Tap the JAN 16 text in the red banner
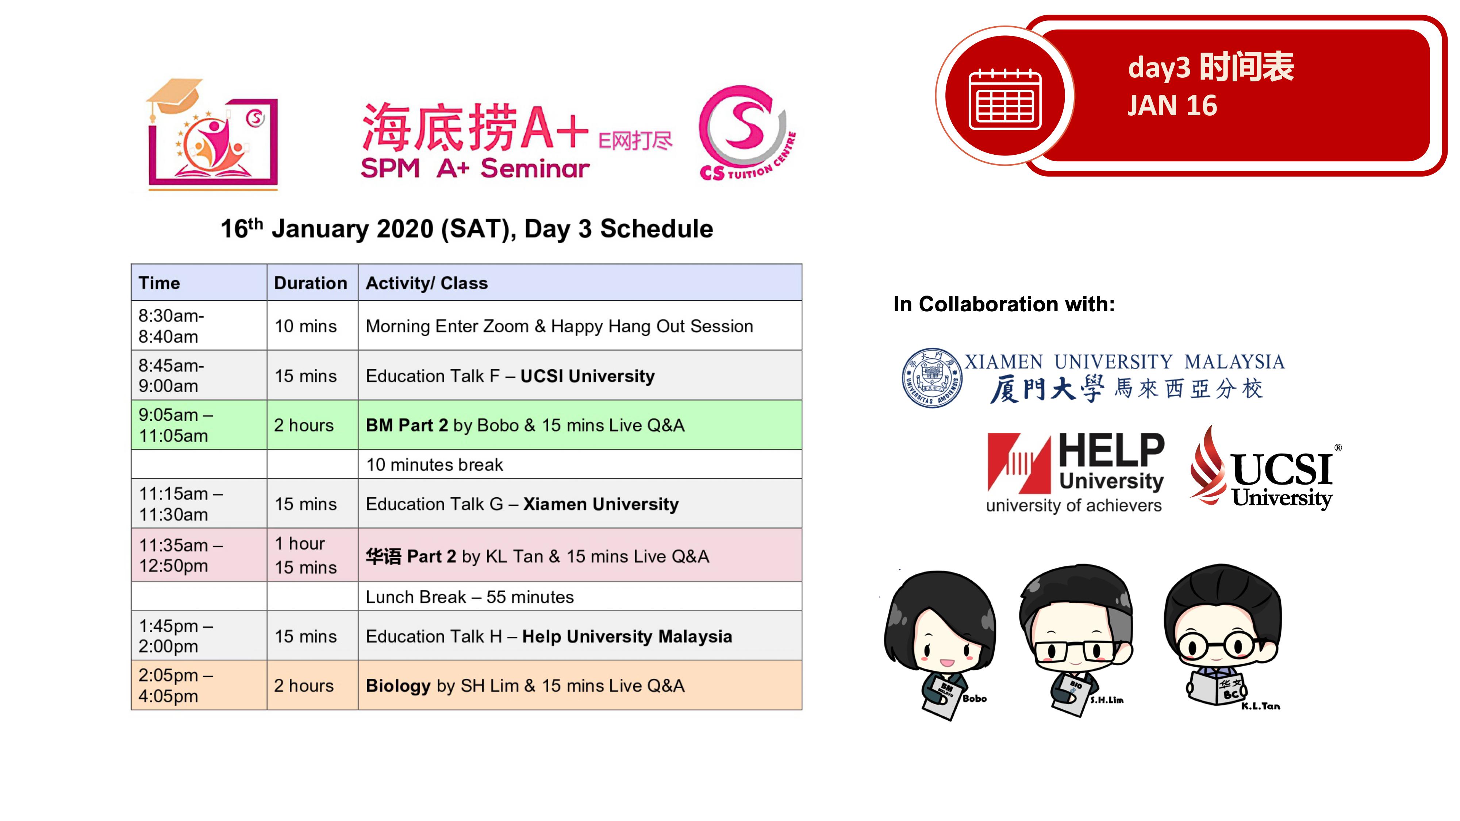1172,105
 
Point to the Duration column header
311,283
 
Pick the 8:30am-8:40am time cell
199,326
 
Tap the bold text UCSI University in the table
587,376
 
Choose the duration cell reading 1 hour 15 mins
312,555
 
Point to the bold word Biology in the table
398,686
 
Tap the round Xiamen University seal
932,377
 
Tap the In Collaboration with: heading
1004,304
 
